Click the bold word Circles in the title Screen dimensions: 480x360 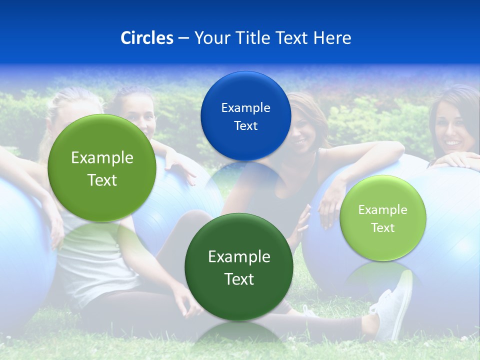[x=146, y=38]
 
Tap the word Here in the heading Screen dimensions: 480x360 [x=332, y=38]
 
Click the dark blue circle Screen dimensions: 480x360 [x=245, y=116]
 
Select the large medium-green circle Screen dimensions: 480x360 [x=102, y=168]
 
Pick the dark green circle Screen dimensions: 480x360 [x=239, y=267]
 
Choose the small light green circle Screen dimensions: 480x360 [x=383, y=218]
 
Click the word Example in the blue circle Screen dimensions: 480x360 [x=245, y=107]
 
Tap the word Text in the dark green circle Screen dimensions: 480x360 [x=239, y=279]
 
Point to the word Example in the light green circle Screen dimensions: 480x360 [x=383, y=209]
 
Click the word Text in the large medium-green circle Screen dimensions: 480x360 [x=102, y=180]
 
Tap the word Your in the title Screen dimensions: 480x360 [x=210, y=38]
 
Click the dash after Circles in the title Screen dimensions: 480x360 [x=183, y=38]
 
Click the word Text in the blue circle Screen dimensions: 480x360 [x=245, y=125]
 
